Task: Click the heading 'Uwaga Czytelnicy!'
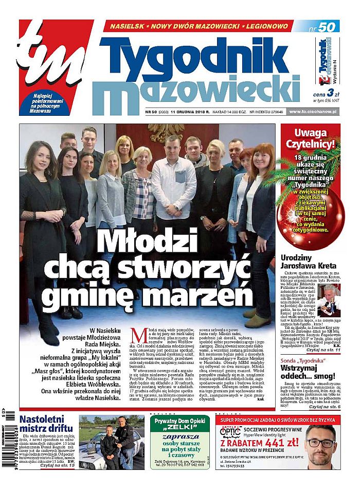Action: pyautogui.click(x=310, y=141)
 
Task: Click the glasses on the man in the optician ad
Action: pyautogui.click(x=320, y=444)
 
